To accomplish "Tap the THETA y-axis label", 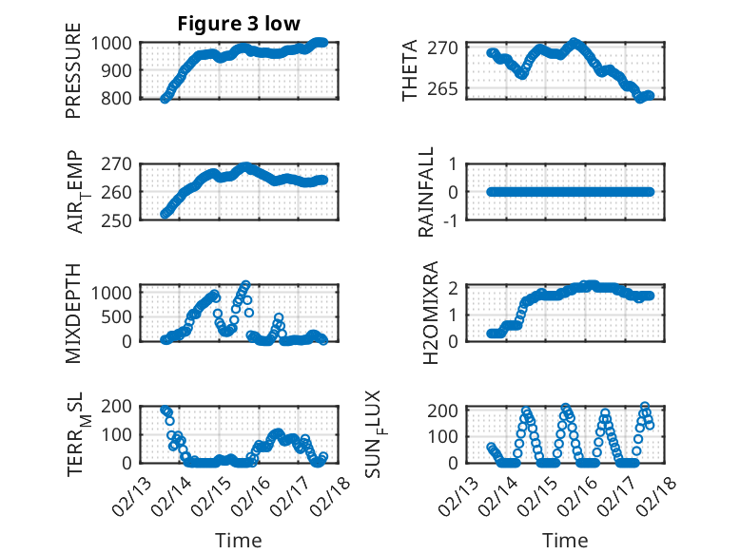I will pos(410,69).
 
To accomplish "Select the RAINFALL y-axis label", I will pos(427,191).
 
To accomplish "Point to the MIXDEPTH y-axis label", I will pos(74,313).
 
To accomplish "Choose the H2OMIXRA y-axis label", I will pos(431,313).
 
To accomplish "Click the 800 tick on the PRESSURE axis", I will pos(119,98).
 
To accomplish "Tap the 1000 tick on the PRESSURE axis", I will pos(115,43).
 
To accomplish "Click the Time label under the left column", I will pos(238,540).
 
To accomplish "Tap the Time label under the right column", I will pos(565,540).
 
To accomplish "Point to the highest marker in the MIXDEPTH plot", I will pos(246,285).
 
